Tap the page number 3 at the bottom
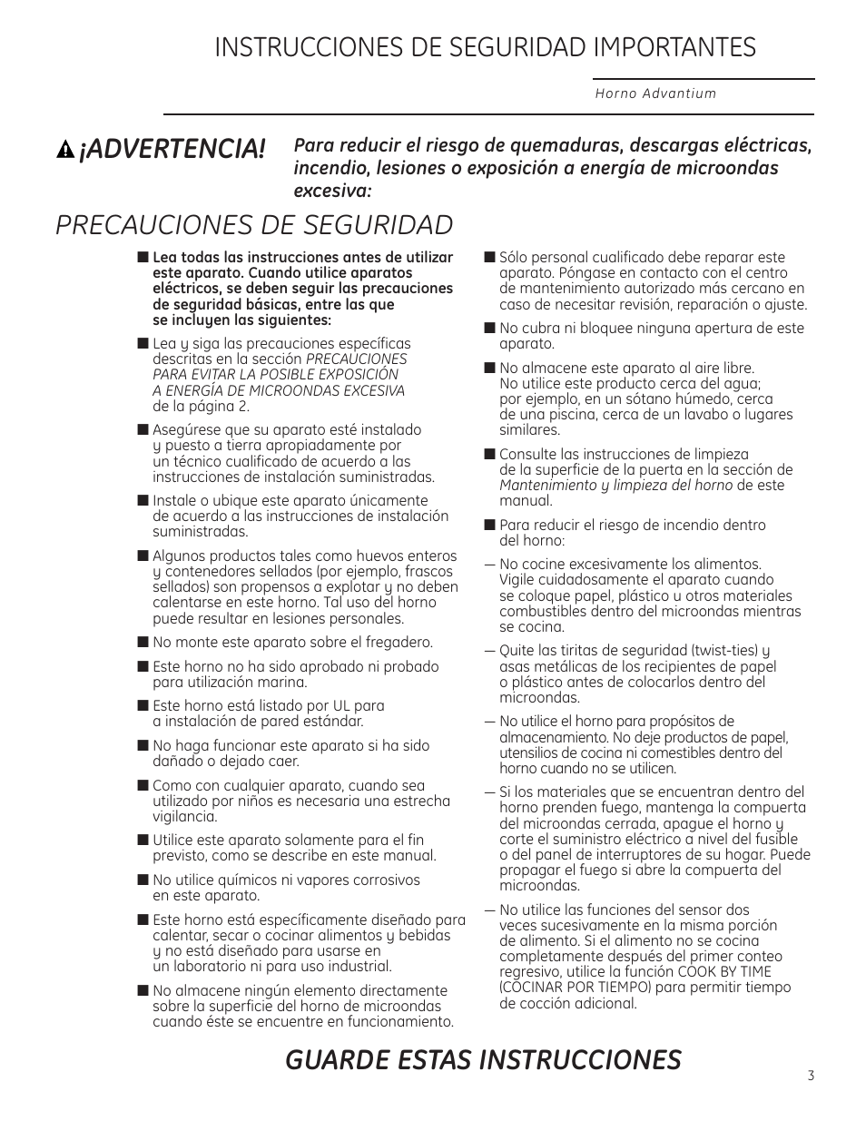coord(810,1076)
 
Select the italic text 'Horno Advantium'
coord(655,93)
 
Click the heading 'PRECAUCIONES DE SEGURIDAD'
coord(254,224)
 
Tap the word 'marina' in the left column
coord(281,682)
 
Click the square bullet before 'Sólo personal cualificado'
coord(489,258)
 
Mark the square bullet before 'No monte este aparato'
coord(143,643)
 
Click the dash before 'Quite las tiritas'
coord(489,651)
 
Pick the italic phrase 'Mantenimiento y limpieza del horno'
coord(615,486)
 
